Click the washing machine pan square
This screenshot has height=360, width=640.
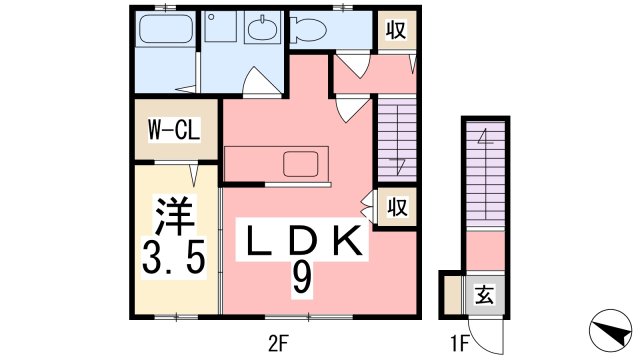[221, 29]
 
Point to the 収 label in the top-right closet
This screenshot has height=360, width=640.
[395, 29]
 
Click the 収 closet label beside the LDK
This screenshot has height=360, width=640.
[397, 208]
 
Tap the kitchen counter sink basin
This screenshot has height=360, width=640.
[299, 163]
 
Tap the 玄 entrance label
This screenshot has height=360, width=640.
[483, 295]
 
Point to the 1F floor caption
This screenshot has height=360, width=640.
[459, 344]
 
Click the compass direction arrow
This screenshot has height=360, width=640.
[609, 330]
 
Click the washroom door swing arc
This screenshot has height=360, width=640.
[254, 83]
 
